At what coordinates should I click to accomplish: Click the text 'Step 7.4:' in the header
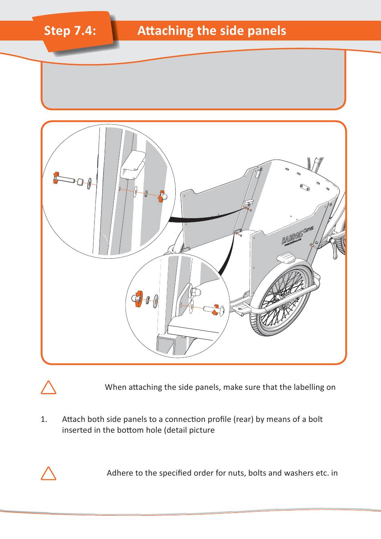[70, 31]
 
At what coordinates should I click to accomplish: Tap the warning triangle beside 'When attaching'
[49, 387]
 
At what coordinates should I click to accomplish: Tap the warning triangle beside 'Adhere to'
[49, 473]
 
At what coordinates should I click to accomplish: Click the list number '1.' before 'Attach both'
[44, 419]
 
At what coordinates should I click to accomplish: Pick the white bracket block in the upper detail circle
[133, 165]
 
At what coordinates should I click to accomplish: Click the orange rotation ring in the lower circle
[138, 299]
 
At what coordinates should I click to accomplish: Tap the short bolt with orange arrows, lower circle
[212, 310]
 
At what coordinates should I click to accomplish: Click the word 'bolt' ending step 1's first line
[315, 419]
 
